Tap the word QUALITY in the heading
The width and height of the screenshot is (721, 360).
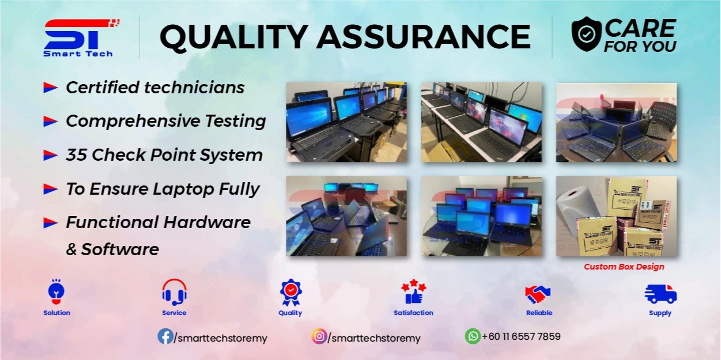pos(232,36)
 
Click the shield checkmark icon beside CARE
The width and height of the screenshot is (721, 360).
pos(586,34)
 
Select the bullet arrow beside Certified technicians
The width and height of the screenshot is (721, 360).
pos(51,88)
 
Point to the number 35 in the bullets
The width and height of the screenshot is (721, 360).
pos(76,155)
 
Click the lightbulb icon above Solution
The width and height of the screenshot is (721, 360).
pos(56,292)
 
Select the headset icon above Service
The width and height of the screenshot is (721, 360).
pos(174,292)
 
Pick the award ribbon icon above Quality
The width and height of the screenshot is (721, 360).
pos(290,292)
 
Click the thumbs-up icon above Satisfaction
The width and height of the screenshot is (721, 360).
pos(414,292)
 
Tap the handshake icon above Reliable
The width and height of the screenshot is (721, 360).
pos(538,294)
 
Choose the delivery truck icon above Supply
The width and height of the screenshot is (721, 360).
pos(660,294)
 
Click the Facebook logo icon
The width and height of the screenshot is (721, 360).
pos(165,336)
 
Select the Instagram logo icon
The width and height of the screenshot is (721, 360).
pos(319,336)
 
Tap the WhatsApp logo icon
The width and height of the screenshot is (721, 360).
pos(473,336)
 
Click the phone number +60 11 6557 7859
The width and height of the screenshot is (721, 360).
pos(521,336)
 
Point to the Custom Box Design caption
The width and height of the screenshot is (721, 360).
pos(624,267)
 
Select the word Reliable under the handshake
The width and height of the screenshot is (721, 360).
pos(539,313)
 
